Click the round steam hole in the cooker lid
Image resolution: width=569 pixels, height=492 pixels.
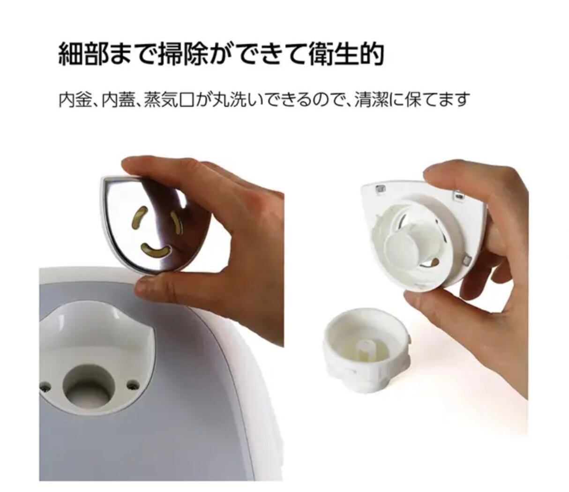click(89, 384)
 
